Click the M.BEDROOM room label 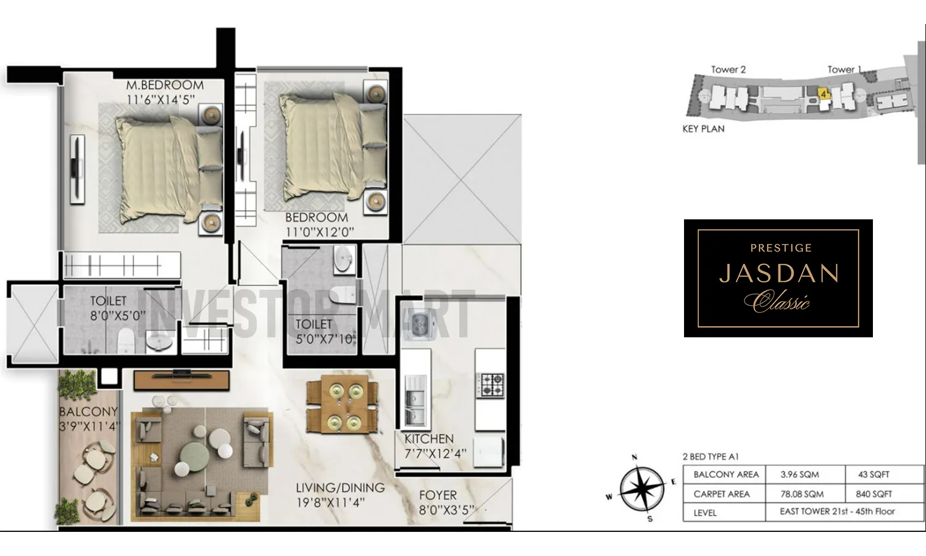click(165, 85)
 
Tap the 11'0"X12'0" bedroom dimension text click(319, 232)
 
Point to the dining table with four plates click(341, 406)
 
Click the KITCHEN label click(429, 439)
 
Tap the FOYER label click(438, 495)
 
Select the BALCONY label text click(88, 411)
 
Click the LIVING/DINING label click(340, 488)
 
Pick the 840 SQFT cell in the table click(874, 494)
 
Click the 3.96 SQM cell click(799, 474)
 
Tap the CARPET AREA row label click(721, 494)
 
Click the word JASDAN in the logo click(779, 273)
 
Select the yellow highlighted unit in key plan click(823, 93)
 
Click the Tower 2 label click(728, 70)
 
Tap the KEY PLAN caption click(703, 128)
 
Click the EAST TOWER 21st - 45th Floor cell click(836, 512)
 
